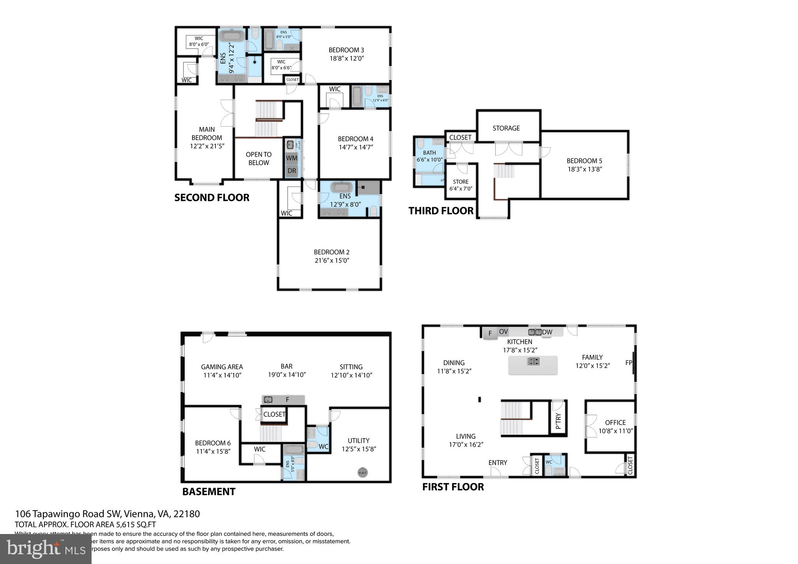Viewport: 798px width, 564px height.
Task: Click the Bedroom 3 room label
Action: coord(346,50)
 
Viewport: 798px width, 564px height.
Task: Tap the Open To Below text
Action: coord(258,159)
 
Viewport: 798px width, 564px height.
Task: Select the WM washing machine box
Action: coord(291,158)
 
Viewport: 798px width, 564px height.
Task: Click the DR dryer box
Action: coord(291,171)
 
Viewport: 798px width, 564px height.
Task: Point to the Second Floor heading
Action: coord(212,197)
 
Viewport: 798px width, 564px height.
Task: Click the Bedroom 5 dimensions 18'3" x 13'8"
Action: coord(584,169)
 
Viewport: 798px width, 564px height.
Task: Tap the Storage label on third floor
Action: coord(506,128)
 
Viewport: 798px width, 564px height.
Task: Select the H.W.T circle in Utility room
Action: coord(362,472)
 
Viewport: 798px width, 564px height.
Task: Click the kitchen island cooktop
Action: coord(533,361)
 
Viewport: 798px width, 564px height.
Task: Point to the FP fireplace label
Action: coord(628,363)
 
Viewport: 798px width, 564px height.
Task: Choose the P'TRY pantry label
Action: coord(558,421)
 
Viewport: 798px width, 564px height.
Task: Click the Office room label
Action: coord(615,423)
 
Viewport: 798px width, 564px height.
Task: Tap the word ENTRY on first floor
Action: coord(498,462)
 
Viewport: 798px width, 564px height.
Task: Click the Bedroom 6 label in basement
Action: coord(213,443)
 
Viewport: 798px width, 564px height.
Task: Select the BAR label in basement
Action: coord(286,366)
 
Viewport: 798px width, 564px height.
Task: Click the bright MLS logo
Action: coord(46,549)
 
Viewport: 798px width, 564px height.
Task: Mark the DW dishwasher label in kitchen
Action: coord(547,332)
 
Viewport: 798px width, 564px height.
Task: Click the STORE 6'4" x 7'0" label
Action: coord(460,185)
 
